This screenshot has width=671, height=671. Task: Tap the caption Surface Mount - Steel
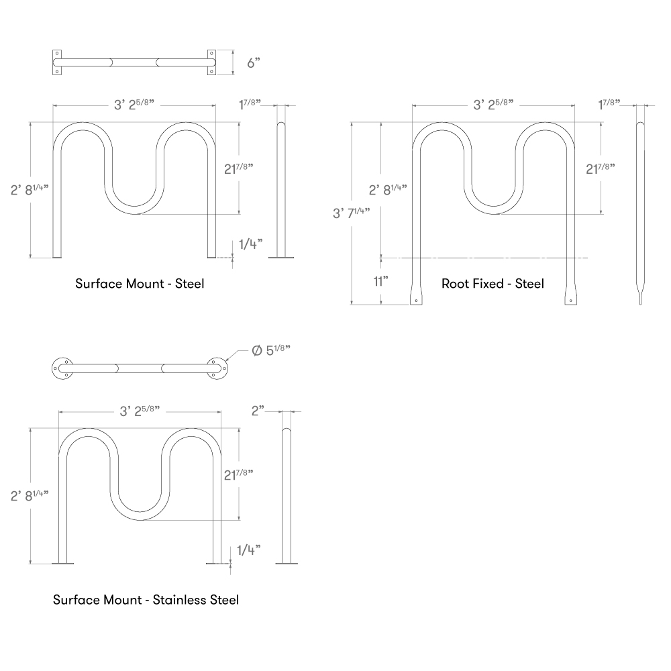[140, 284]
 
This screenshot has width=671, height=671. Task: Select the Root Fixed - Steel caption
[493, 284]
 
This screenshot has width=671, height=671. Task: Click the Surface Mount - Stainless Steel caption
[146, 599]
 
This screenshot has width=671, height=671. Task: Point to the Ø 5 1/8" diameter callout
[271, 351]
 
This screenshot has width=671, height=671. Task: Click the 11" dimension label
[381, 280]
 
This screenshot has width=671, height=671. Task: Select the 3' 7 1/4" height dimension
[351, 213]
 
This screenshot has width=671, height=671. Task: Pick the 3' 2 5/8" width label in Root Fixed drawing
[493, 104]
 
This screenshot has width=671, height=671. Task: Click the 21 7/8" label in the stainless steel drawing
[238, 474]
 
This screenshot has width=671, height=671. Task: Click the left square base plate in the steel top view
[56, 62]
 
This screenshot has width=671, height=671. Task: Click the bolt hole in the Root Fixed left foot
[417, 301]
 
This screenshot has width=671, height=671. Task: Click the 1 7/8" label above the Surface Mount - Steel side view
[250, 104]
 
